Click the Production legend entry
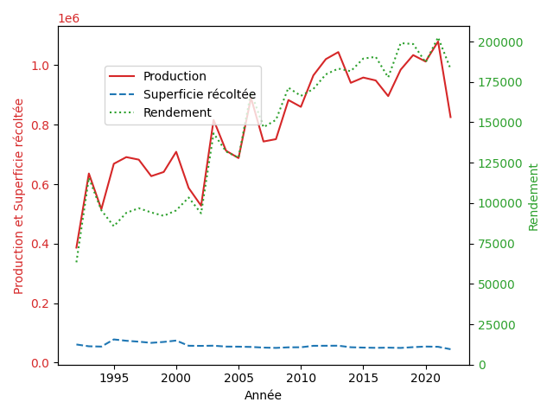pos(175,76)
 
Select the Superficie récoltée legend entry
pos(199,94)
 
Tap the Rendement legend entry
pos(177,112)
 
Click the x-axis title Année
pos(263,395)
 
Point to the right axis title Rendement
pos(533,196)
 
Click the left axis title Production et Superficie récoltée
pos(19,195)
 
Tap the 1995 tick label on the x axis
pos(114,379)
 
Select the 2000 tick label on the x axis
pos(176,379)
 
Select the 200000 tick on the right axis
pos(498,42)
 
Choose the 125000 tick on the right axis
pos(498,163)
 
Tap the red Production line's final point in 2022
pos(450,117)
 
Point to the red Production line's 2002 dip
pos(201,206)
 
